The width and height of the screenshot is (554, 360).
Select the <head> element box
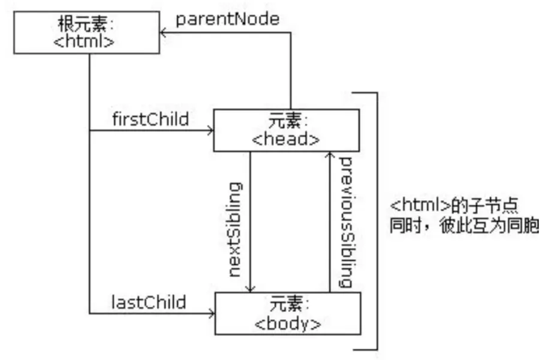[287, 130]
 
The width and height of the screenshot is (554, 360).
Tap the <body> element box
[288, 313]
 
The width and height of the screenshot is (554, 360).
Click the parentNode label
[228, 19]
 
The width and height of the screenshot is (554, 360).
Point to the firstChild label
[150, 119]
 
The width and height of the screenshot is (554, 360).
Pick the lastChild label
[148, 302]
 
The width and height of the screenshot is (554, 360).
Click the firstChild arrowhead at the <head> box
[210, 130]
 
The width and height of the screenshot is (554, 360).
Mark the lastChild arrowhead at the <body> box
[210, 313]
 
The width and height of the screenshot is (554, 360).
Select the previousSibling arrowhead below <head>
[329, 156]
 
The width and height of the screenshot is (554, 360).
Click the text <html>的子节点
[453, 206]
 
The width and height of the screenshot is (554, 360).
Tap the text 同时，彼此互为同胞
[465, 227]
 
